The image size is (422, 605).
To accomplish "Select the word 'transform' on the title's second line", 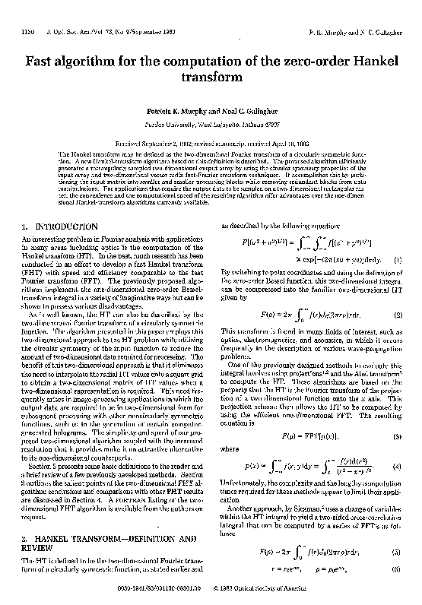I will [211, 79].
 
